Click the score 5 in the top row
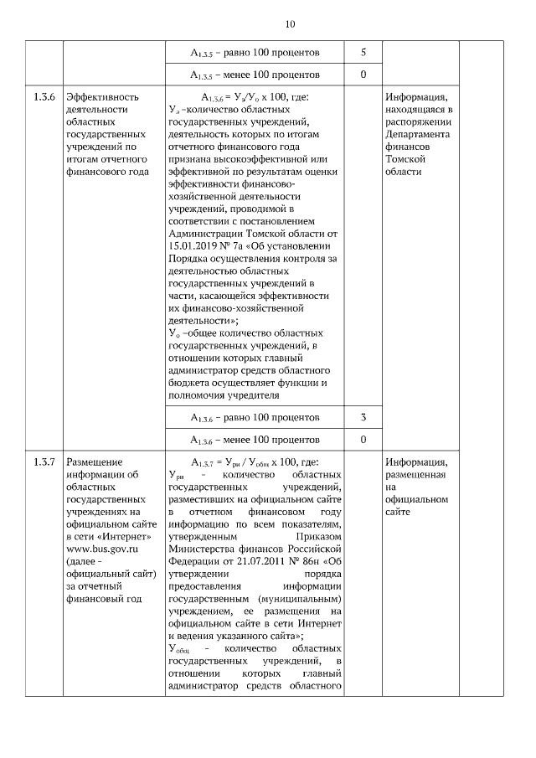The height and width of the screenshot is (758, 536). (363, 53)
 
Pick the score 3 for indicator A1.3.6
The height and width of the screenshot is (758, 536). (363, 417)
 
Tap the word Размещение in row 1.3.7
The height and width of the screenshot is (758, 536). (95, 462)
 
